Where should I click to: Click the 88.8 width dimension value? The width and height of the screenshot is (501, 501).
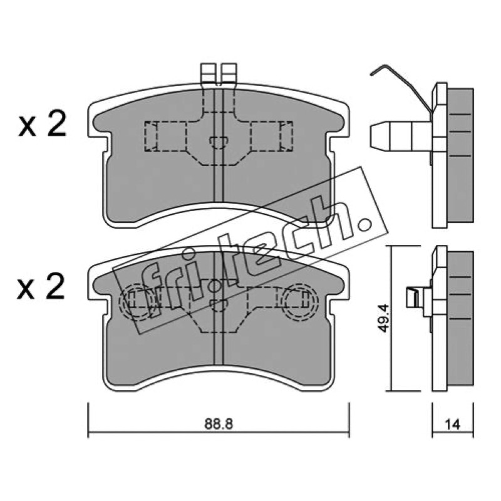click(x=219, y=424)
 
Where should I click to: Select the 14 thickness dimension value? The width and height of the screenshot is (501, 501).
click(x=452, y=425)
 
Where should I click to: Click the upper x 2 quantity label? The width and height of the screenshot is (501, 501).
click(x=42, y=125)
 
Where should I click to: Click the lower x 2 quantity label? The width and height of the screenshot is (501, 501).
click(x=41, y=287)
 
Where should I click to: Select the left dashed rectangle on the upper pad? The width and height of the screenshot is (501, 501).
click(x=165, y=136)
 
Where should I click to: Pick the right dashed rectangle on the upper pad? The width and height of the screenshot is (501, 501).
click(x=271, y=136)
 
